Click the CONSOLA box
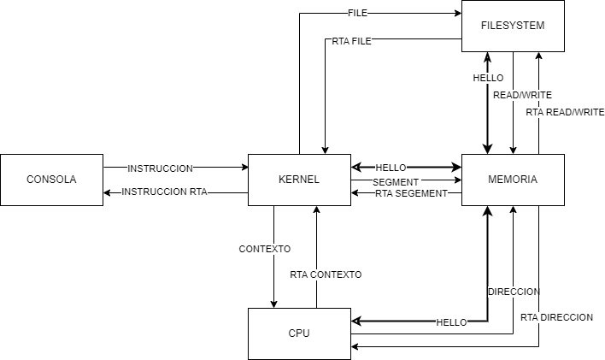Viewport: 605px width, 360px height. tap(51, 180)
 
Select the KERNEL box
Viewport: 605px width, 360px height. tap(299, 180)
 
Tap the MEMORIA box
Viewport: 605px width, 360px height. tap(513, 180)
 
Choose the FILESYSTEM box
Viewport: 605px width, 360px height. tap(513, 26)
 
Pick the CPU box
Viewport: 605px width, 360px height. tap(299, 333)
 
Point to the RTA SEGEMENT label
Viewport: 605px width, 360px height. tap(412, 193)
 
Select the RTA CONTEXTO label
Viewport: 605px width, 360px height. tap(326, 274)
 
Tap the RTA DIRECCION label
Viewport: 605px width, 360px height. tap(556, 317)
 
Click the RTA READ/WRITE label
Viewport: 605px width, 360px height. tap(565, 112)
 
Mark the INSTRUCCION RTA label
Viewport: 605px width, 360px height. tap(163, 193)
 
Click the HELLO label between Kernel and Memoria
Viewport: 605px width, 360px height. tap(391, 168)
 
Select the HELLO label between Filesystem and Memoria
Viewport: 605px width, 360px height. tap(488, 78)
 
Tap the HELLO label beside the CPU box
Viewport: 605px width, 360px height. tap(451, 322)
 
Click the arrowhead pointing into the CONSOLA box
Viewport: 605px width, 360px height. tap(108, 193)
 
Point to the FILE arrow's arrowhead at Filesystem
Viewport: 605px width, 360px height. tap(456, 14)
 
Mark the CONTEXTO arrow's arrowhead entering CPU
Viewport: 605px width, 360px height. tap(274, 303)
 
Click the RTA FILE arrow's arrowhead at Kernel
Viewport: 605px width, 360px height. tap(325, 149)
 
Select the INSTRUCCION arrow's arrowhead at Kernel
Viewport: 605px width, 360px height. tap(243, 168)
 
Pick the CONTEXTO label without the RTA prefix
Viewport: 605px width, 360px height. tap(265, 249)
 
